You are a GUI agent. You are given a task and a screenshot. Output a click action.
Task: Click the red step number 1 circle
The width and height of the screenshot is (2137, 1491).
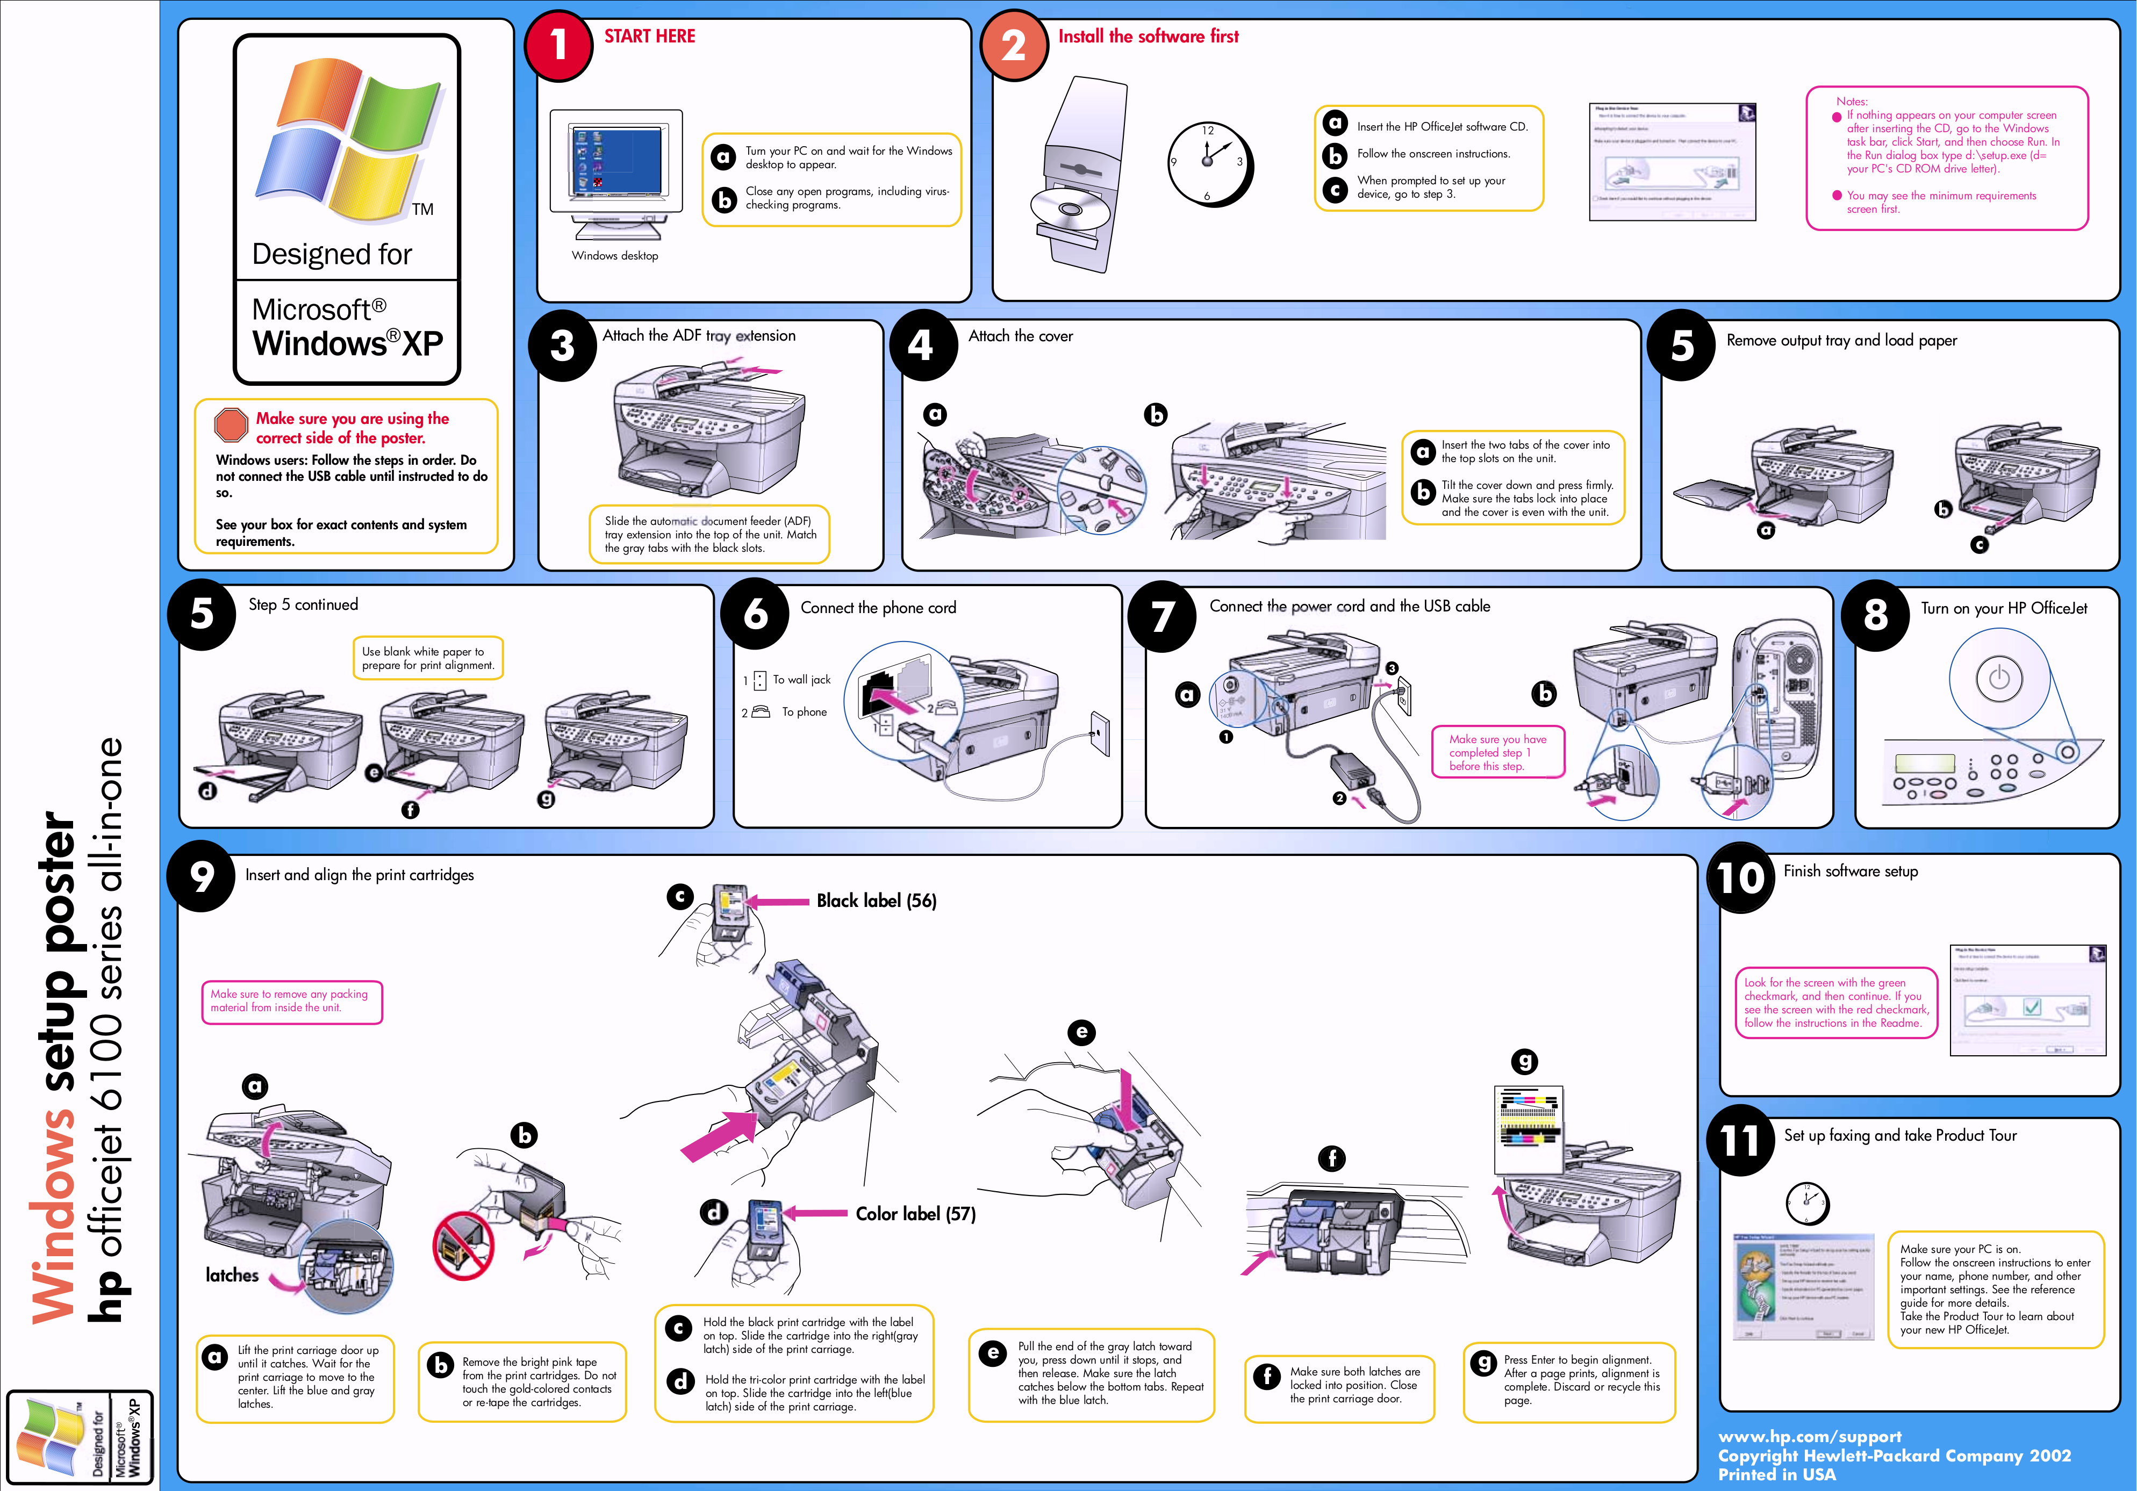pyautogui.click(x=558, y=45)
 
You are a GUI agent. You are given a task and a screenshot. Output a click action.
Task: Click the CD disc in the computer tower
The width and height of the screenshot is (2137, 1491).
pyautogui.click(x=1070, y=210)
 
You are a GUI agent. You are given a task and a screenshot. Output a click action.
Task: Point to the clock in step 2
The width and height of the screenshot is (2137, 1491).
pyautogui.click(x=1208, y=163)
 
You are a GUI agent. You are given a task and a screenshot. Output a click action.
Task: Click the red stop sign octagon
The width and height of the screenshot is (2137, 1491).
pyautogui.click(x=230, y=424)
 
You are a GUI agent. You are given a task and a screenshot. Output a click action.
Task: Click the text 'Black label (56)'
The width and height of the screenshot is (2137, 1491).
pyautogui.click(x=876, y=901)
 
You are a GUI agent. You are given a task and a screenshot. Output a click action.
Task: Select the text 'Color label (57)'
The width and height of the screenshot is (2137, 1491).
pyautogui.click(x=915, y=1214)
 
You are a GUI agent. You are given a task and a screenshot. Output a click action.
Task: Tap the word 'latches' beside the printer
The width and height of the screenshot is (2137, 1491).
pyautogui.click(x=232, y=1275)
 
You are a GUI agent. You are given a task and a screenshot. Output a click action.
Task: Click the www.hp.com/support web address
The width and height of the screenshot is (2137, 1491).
pyautogui.click(x=1809, y=1436)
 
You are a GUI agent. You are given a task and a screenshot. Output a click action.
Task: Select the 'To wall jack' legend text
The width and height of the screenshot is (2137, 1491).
pyautogui.click(x=801, y=680)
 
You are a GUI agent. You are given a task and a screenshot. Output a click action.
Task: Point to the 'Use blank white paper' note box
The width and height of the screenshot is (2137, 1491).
pyautogui.click(x=427, y=658)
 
